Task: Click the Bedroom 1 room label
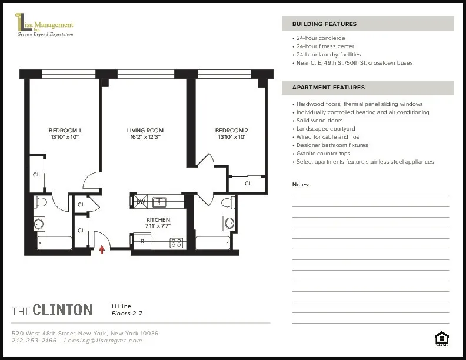click(65, 131)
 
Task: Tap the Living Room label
click(145, 131)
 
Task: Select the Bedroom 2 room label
click(231, 131)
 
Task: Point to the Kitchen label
click(158, 220)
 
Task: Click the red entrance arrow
click(102, 249)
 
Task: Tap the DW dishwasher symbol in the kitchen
click(141, 202)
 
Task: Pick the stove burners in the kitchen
click(176, 242)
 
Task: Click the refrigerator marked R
click(142, 241)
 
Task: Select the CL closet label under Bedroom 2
click(248, 184)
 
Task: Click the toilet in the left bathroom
click(41, 202)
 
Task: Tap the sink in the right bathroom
click(229, 223)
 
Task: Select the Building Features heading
click(324, 24)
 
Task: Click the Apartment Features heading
click(328, 88)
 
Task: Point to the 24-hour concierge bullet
click(321, 38)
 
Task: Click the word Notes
click(301, 185)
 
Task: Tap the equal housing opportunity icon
click(441, 338)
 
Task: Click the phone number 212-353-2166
click(34, 340)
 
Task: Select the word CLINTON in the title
click(62, 310)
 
